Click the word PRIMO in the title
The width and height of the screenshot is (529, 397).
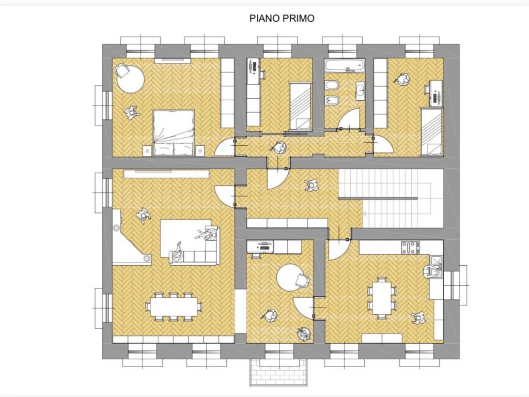[x=299, y=18]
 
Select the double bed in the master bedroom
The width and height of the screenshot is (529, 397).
[x=174, y=132]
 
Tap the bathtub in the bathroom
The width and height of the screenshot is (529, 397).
[x=345, y=66]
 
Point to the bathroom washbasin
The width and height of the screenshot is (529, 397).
[x=360, y=91]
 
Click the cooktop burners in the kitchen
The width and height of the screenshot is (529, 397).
[x=410, y=248]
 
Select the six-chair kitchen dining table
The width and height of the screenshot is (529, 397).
[x=382, y=297]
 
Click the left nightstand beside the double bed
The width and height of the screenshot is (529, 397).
[x=147, y=150]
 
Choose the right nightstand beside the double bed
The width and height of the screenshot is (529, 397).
[x=200, y=150]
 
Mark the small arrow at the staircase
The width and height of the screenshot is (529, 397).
[x=364, y=213]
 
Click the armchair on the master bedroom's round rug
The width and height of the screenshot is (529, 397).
[x=122, y=71]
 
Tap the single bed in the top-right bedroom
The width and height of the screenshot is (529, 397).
[x=431, y=132]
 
